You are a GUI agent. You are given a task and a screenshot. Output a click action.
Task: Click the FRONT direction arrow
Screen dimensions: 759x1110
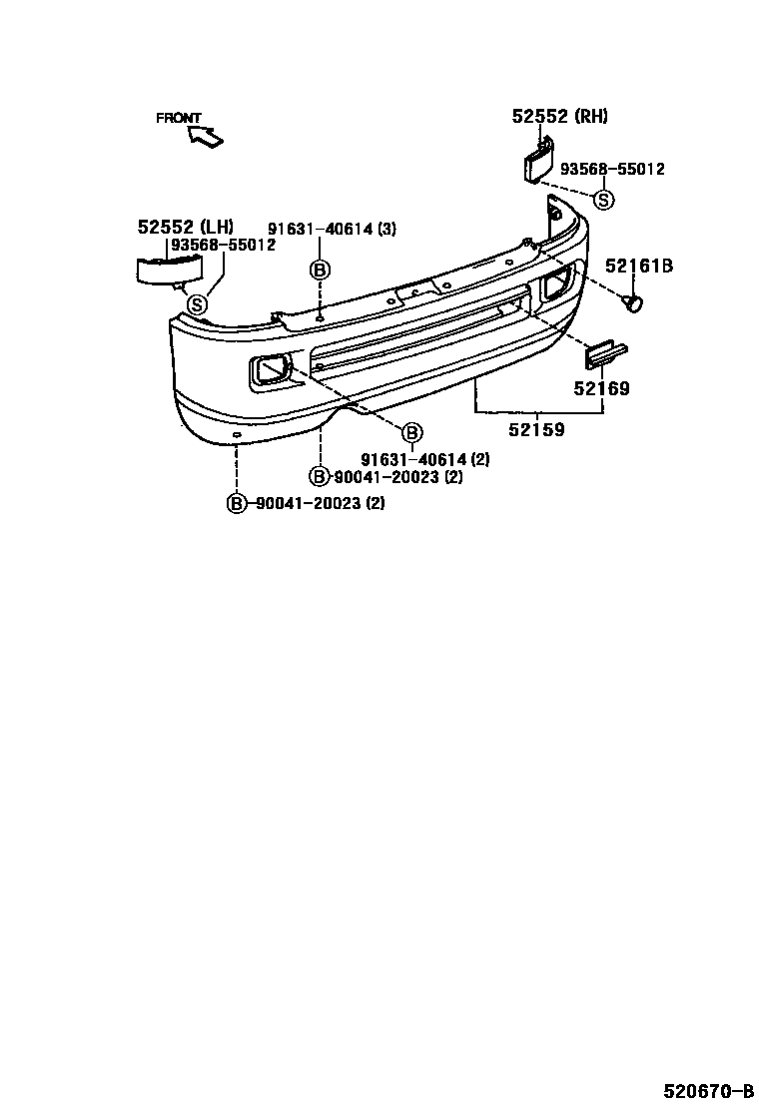pyautogui.click(x=206, y=136)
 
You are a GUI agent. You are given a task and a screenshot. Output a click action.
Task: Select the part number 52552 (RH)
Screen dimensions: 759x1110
pyautogui.click(x=559, y=116)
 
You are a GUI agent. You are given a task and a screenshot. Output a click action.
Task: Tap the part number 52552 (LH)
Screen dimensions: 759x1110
pyautogui.click(x=186, y=227)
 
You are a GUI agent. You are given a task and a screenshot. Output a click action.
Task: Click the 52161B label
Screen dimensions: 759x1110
pyautogui.click(x=638, y=267)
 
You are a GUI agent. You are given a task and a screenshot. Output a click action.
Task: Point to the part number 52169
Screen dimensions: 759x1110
pyautogui.click(x=601, y=388)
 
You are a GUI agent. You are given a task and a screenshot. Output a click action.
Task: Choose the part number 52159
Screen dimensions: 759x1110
pyautogui.click(x=536, y=429)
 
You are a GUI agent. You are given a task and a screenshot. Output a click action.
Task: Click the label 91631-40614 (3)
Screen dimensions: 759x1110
pyautogui.click(x=332, y=229)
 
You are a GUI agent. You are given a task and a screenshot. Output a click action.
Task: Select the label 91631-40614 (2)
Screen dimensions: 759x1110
pyautogui.click(x=424, y=459)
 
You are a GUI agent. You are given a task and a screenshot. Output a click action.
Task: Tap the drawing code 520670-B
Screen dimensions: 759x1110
pyautogui.click(x=708, y=1089)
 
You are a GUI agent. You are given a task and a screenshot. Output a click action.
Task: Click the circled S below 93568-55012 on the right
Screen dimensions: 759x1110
pyautogui.click(x=603, y=201)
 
